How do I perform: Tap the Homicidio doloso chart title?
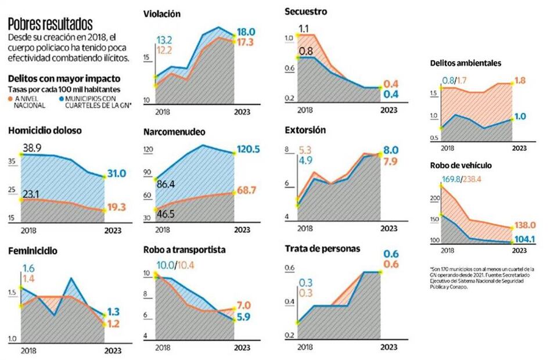pos(44,131)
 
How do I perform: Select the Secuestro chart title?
pos(306,10)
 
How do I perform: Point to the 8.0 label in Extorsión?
pos(390,150)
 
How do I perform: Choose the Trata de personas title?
pos(322,249)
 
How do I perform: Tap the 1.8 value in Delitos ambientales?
pos(520,81)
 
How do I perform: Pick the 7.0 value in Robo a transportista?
pos(243,305)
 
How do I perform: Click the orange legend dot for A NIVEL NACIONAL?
pos(11,99)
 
